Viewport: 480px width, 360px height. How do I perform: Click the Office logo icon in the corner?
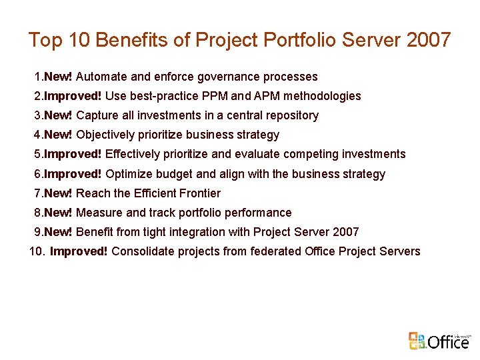click(417, 340)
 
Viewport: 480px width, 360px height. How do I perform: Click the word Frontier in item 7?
click(199, 193)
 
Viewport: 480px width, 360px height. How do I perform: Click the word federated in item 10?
click(275, 251)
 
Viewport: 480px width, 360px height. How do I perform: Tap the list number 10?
click(36, 251)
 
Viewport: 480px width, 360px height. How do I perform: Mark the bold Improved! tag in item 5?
click(73, 154)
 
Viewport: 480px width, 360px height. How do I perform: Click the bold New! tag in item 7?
click(59, 193)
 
